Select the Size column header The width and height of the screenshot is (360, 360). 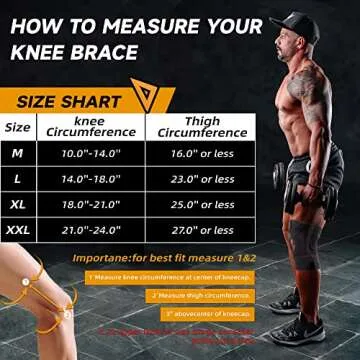click(17, 127)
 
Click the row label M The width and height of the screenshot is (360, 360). click(17, 153)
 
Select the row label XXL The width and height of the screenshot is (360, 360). click(18, 230)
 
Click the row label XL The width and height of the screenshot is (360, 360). click(17, 205)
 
